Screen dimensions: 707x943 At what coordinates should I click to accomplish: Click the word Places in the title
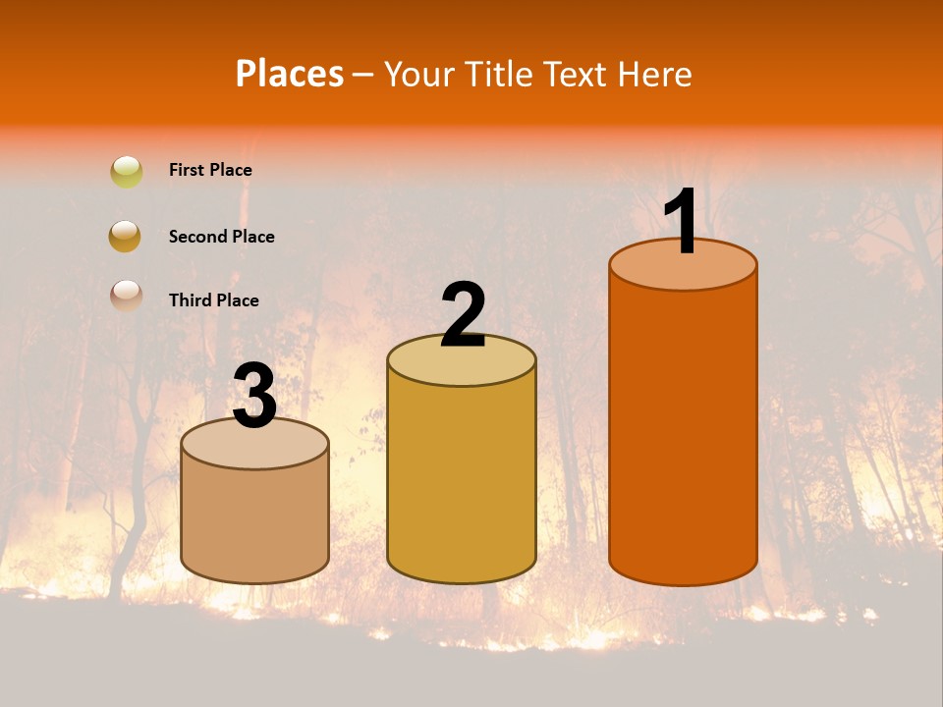pyautogui.click(x=290, y=74)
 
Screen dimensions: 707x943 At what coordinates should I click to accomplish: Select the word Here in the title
pyautogui.click(x=657, y=74)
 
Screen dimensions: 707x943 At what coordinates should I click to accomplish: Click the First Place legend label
pyautogui.click(x=210, y=170)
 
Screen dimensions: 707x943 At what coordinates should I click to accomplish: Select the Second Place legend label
pyautogui.click(x=221, y=237)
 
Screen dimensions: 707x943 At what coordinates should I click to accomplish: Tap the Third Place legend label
pyautogui.click(x=213, y=300)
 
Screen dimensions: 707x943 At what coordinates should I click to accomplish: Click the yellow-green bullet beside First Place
pyautogui.click(x=126, y=172)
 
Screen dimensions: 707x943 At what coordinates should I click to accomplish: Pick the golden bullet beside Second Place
pyautogui.click(x=126, y=236)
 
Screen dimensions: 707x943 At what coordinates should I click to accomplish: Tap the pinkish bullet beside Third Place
pyautogui.click(x=126, y=295)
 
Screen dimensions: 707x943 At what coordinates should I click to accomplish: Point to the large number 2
pyautogui.click(x=463, y=315)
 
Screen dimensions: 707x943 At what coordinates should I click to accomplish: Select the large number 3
pyautogui.click(x=255, y=397)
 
